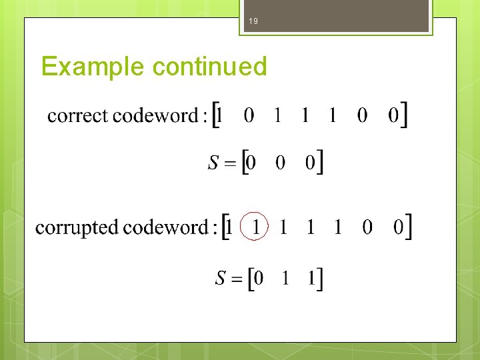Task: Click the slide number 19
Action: pyautogui.click(x=253, y=22)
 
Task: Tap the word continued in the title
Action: pyautogui.click(x=209, y=67)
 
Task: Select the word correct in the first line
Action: pyautogui.click(x=77, y=116)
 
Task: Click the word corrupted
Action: pyautogui.click(x=77, y=228)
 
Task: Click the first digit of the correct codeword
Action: pyautogui.click(x=220, y=116)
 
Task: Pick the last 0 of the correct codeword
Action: pyautogui.click(x=393, y=116)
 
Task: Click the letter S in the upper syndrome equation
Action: pyautogui.click(x=213, y=163)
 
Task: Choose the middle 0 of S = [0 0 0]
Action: pyautogui.click(x=281, y=163)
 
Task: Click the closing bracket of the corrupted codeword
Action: pyautogui.click(x=408, y=227)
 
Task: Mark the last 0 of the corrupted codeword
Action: pyautogui.click(x=398, y=228)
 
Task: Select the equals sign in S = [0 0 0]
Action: pyautogui.click(x=230, y=163)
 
